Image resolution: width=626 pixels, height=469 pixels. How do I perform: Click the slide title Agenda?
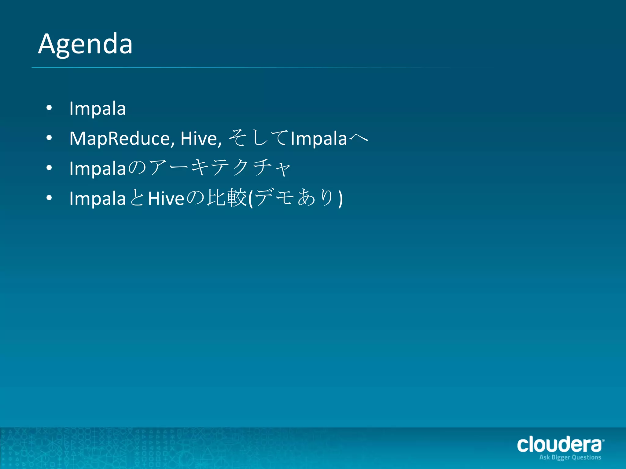click(85, 44)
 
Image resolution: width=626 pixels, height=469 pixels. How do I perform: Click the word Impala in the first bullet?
click(98, 108)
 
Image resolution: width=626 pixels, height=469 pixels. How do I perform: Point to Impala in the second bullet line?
click(319, 138)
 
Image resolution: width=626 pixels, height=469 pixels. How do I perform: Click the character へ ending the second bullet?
click(358, 138)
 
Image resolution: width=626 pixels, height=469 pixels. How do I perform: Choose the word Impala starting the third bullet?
click(98, 168)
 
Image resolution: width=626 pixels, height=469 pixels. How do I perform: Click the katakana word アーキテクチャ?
click(219, 168)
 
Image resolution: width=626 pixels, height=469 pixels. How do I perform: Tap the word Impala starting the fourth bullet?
click(98, 198)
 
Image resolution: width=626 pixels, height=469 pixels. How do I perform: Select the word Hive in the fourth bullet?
click(166, 198)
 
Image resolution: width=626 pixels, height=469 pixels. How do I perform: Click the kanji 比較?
click(226, 198)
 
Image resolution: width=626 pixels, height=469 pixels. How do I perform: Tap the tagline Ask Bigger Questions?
click(570, 457)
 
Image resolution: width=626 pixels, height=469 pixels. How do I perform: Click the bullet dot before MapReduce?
click(49, 138)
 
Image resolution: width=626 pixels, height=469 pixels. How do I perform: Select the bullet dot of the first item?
click(49, 108)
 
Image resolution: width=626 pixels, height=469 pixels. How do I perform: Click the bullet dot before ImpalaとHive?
click(49, 198)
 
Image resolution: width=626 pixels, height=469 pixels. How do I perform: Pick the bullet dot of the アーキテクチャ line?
click(49, 168)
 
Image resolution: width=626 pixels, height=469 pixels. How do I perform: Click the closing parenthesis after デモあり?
click(341, 199)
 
